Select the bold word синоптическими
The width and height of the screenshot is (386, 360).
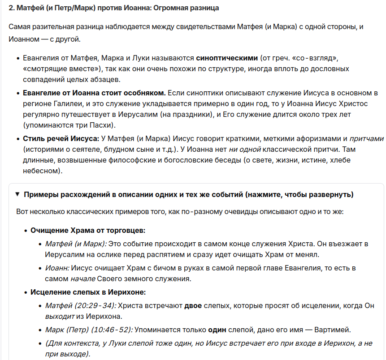click(227, 58)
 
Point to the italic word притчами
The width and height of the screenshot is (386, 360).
click(366, 139)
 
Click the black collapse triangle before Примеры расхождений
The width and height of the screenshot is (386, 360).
click(17, 194)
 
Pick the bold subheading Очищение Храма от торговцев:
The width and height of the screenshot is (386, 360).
click(88, 230)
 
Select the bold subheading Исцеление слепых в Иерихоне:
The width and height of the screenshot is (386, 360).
click(88, 292)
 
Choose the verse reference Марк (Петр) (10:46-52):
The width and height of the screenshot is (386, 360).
click(89, 330)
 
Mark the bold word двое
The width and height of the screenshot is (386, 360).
click(193, 305)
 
